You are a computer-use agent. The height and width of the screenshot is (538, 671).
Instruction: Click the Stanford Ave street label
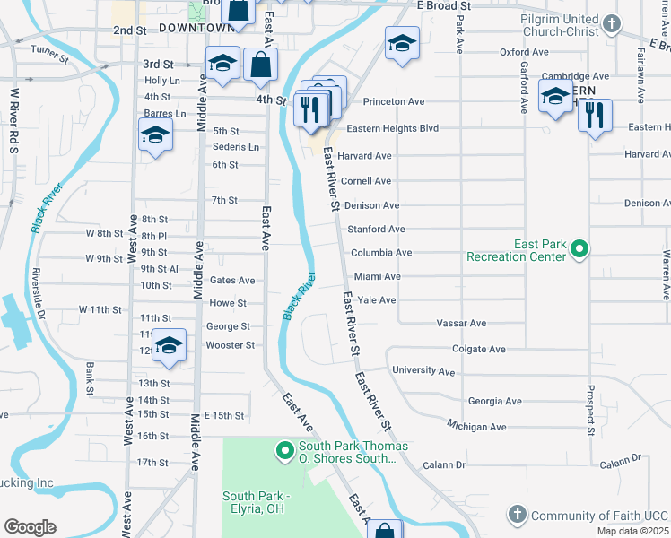coord(376,230)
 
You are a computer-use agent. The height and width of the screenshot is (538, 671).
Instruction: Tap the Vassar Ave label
coord(460,323)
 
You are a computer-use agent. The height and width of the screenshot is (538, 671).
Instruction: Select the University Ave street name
coord(423,370)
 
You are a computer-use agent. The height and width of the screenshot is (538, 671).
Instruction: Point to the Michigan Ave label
coord(476,427)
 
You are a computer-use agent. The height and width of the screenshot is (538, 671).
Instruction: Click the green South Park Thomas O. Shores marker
coord(285,450)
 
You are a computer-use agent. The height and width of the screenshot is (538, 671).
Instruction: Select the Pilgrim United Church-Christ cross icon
coord(612,23)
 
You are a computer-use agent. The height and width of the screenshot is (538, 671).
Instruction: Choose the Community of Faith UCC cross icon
coord(517,514)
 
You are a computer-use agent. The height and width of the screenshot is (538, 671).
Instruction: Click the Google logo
coord(30,527)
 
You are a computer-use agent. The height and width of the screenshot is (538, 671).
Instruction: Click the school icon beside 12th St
coord(168,345)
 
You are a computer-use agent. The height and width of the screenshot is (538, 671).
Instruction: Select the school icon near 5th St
coord(155,135)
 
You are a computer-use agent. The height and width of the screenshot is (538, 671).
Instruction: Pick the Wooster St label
coord(231,345)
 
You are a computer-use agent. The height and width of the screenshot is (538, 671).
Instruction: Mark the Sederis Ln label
coord(236,147)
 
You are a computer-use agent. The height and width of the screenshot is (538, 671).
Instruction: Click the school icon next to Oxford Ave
coord(402,42)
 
